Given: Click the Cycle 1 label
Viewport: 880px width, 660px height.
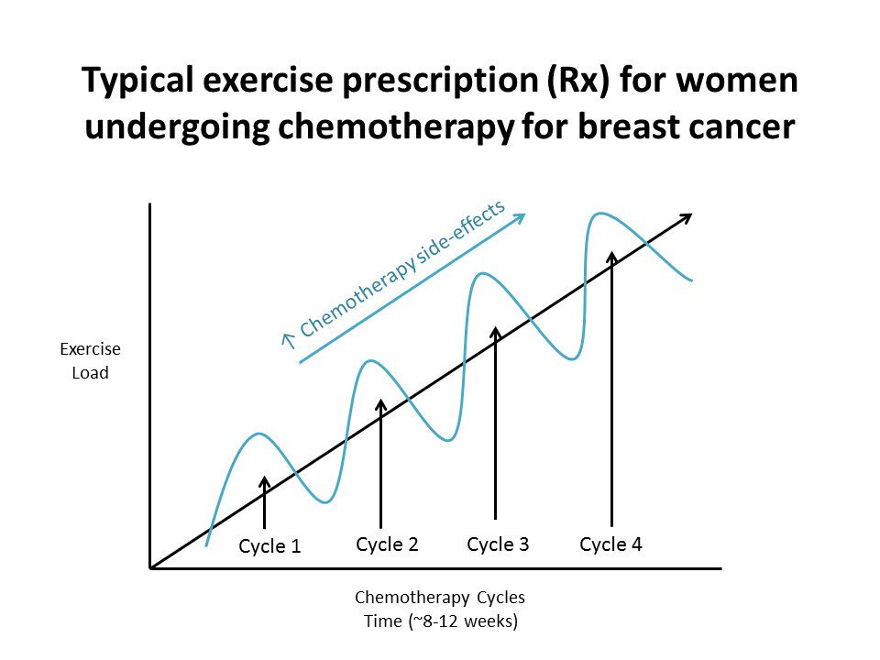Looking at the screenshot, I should coord(269,546).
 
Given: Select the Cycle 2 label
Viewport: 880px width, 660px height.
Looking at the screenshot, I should coord(387,544).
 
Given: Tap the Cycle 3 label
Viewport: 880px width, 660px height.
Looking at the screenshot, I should coord(498,544).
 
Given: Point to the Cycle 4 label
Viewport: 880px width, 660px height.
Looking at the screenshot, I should coord(610,544).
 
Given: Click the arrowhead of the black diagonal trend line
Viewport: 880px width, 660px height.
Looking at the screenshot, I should coord(687,218).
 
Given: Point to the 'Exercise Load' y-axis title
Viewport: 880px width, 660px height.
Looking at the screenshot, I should coord(90,361).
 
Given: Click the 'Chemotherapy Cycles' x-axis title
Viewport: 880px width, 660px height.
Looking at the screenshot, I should coord(440,598).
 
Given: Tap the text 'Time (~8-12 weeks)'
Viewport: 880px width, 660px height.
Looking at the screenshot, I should coord(440,621).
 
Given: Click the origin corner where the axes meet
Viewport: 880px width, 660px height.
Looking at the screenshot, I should coord(149,568).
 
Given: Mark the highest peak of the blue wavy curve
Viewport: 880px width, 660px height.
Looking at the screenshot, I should coord(601,214).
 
